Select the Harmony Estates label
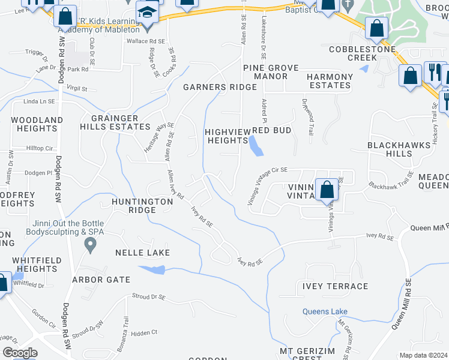point(330,81)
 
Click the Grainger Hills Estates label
point(120,122)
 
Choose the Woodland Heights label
point(37,124)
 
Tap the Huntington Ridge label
point(142,206)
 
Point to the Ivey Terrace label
point(336,286)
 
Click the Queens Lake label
point(325,311)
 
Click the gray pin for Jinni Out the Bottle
point(91,244)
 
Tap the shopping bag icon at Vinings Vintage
point(327,190)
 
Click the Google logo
point(20,353)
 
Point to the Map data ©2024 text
point(423,355)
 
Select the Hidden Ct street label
point(143,332)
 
